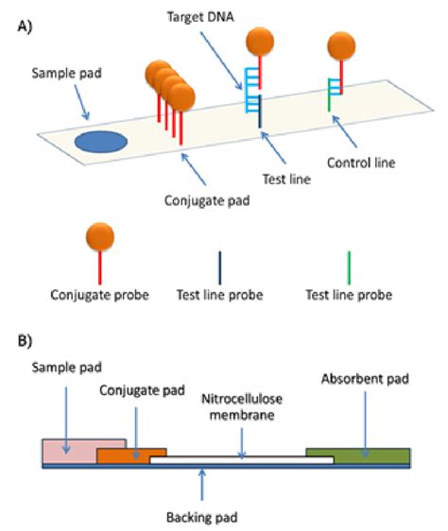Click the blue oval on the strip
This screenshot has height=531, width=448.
click(101, 142)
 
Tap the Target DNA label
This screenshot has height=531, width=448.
click(200, 17)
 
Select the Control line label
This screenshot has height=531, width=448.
click(361, 163)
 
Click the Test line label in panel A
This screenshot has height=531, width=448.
click(286, 179)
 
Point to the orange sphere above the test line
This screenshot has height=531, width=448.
click(260, 42)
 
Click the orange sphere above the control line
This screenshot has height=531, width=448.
click(341, 46)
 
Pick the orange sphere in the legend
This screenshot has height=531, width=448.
click(100, 237)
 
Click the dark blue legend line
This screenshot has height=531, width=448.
click(220, 267)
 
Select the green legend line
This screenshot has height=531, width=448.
click(349, 267)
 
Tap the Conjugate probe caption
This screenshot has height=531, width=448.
click(99, 295)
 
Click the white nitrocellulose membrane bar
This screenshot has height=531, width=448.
click(242, 460)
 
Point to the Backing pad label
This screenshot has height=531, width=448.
click(202, 517)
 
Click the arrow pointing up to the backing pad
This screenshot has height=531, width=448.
click(202, 485)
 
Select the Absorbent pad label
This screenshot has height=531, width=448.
click(365, 379)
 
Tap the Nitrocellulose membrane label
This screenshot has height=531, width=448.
click(242, 406)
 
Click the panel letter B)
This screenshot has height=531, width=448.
click(25, 341)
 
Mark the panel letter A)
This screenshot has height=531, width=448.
click(25, 26)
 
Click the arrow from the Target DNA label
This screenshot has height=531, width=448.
click(221, 60)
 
